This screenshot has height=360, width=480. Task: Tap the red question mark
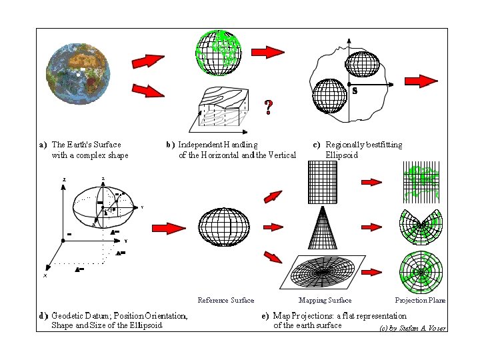(268, 107)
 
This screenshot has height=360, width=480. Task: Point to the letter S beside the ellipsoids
(355, 91)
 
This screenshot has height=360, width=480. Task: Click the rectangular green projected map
(421, 181)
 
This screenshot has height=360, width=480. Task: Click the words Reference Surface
(226, 301)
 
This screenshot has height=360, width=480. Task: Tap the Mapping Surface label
(325, 301)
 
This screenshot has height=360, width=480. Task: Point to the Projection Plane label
(420, 301)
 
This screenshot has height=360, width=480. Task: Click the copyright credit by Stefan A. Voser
(413, 328)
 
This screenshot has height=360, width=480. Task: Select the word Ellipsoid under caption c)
(341, 155)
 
